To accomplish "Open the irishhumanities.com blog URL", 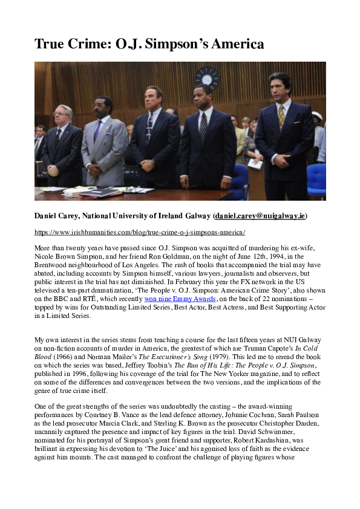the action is [131, 232].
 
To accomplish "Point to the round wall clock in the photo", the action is [207, 78].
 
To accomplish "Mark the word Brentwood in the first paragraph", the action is [52, 264].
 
